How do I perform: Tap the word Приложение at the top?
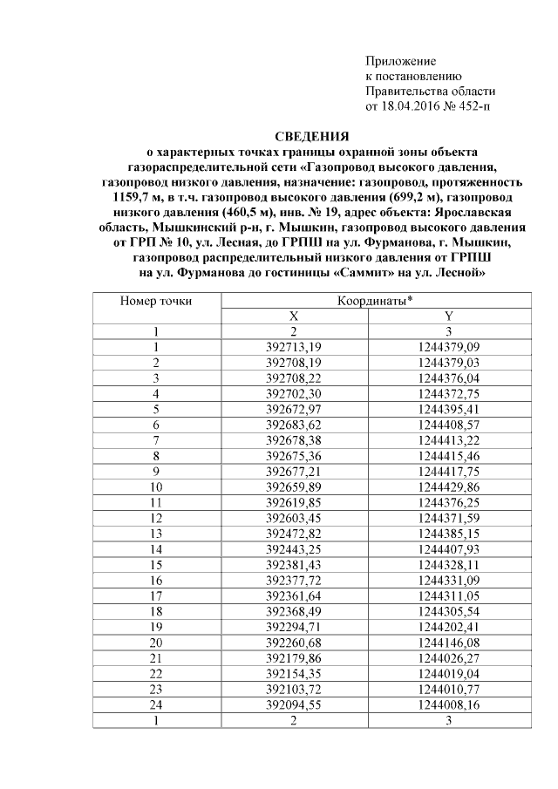point(400,61)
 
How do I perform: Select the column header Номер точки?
point(156,301)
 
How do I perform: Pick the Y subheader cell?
point(448,316)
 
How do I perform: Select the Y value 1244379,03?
point(448,363)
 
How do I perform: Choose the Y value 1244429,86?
point(448,486)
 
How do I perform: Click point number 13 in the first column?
point(156,532)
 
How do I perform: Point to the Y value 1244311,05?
point(448,594)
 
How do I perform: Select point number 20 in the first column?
point(156,640)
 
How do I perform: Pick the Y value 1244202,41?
point(448,624)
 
